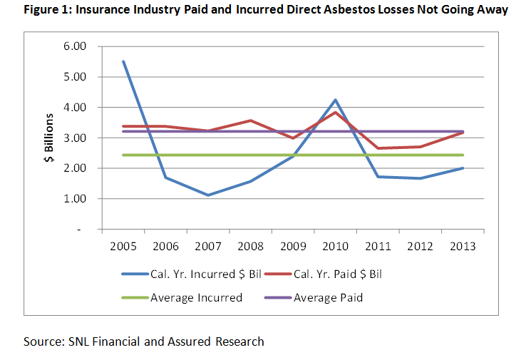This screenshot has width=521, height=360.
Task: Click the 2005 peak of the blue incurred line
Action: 124,61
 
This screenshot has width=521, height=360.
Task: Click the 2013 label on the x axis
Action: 463,247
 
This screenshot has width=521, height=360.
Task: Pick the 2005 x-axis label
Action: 124,247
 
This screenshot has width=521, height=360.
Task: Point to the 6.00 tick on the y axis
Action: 74,46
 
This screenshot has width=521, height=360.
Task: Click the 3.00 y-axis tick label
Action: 74,138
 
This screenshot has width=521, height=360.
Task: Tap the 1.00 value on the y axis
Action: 74,199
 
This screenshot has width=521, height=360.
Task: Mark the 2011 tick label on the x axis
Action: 378,247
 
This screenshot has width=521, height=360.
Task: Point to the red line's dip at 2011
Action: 378,148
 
